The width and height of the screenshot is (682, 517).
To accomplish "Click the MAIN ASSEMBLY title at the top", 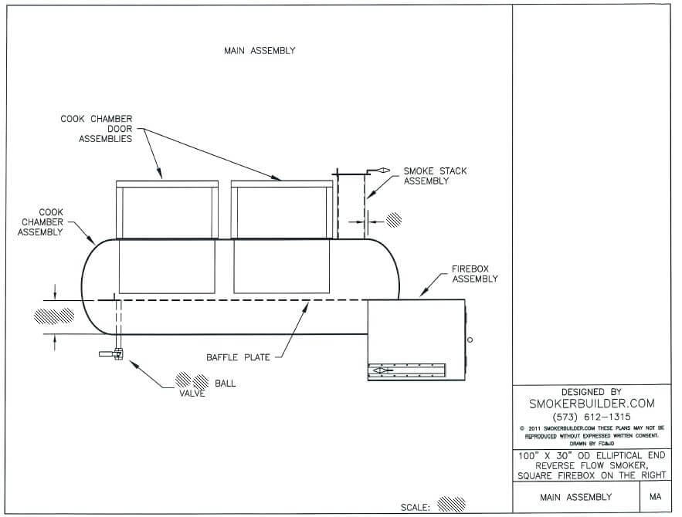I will (x=260, y=51).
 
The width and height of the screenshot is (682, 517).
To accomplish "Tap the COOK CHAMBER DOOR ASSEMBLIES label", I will (x=97, y=130).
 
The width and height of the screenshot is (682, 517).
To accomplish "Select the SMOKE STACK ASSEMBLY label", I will (x=435, y=176).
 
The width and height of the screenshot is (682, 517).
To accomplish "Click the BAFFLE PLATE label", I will (x=238, y=357).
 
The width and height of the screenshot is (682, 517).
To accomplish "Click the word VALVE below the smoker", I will (x=192, y=394).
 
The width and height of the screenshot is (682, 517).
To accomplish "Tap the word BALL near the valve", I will (x=226, y=383).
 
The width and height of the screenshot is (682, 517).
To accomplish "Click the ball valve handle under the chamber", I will (x=110, y=354).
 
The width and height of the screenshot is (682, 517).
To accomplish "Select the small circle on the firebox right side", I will (x=470, y=340).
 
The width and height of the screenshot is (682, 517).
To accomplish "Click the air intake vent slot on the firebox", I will (x=406, y=371).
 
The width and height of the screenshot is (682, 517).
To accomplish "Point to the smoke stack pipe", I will (x=349, y=204).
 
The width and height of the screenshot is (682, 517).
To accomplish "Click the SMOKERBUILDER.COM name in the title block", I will (x=591, y=404).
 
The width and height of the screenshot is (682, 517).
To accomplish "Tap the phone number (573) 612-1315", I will (x=591, y=417).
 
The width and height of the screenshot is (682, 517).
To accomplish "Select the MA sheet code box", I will (x=655, y=498).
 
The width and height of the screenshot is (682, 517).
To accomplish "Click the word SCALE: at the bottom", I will (x=416, y=508).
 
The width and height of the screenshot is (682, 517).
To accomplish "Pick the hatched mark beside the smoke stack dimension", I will (x=395, y=219).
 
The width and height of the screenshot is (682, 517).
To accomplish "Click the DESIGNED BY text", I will (x=591, y=391).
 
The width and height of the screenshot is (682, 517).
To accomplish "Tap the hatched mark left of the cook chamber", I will (x=53, y=315).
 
